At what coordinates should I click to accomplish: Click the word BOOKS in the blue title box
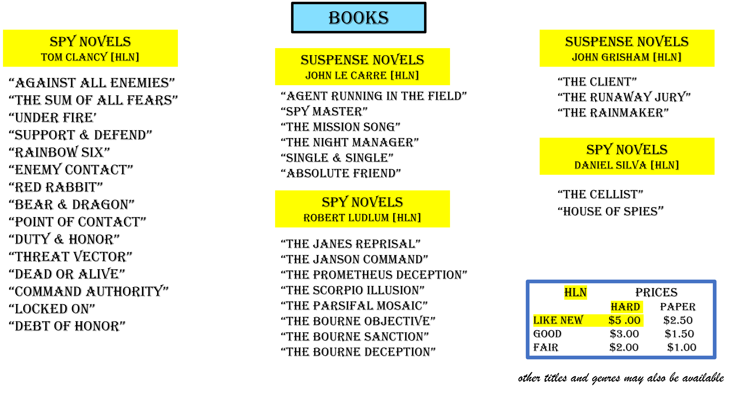359,18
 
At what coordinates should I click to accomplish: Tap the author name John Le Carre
346,76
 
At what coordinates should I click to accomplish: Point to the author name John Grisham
611,57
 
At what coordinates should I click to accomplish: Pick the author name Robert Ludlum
346,218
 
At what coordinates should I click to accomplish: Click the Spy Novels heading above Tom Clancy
90,42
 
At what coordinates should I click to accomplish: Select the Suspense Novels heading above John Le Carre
362,60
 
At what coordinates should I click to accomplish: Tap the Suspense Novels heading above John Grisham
627,42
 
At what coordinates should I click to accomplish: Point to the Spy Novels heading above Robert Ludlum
362,202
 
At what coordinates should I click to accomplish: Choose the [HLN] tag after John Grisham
667,57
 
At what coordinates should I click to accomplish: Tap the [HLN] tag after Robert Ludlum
407,218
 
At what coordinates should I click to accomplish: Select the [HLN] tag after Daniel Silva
665,165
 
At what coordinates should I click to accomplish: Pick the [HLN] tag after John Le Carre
405,76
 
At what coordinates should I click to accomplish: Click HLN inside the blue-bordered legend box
575,292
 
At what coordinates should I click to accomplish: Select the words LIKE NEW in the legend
558,320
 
